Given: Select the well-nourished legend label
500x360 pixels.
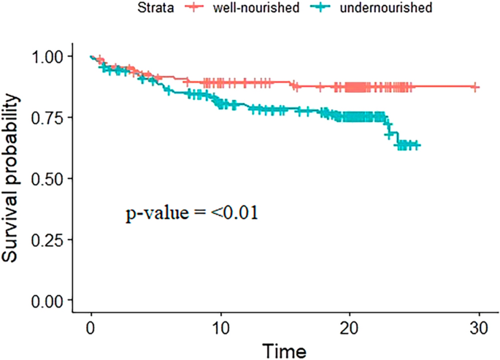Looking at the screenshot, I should (x=241, y=8).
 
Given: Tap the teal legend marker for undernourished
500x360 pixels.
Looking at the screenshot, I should (x=318, y=8).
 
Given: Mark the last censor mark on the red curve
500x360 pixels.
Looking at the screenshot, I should (x=475, y=87).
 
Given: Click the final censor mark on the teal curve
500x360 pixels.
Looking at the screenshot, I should (x=416, y=145).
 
